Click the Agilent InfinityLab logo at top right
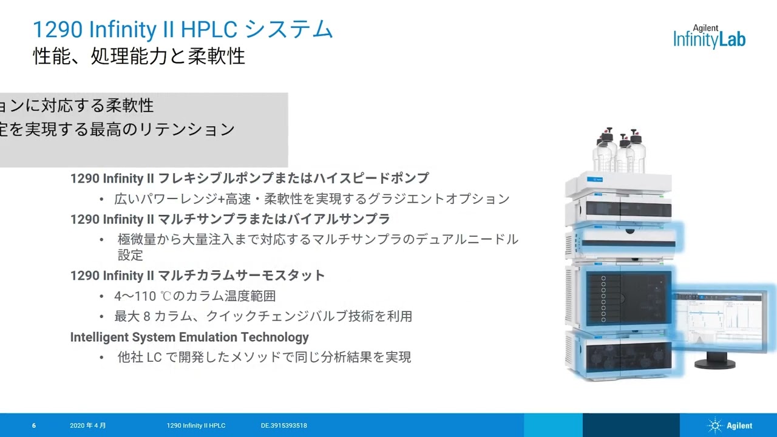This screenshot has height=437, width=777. pyautogui.click(x=709, y=37)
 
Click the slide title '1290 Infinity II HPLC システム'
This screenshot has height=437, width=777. pyautogui.click(x=183, y=29)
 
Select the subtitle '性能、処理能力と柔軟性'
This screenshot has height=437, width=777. pyautogui.click(x=139, y=56)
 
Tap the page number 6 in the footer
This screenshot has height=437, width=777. pyautogui.click(x=34, y=425)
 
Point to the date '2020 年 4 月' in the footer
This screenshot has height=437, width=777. pyautogui.click(x=88, y=425)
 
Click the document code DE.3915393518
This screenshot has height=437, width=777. pyautogui.click(x=283, y=425)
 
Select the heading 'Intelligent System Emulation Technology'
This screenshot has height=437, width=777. pyautogui.click(x=189, y=337)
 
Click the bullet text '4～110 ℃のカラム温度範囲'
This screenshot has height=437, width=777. pyautogui.click(x=195, y=296)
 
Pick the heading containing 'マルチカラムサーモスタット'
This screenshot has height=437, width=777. pyautogui.click(x=198, y=276)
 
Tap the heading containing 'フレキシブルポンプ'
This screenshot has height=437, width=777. pyautogui.click(x=249, y=178)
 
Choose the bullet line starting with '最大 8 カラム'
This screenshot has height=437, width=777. pyautogui.click(x=263, y=316)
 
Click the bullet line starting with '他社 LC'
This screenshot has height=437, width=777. pyautogui.click(x=264, y=357)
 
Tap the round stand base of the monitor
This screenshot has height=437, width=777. pyautogui.click(x=714, y=364)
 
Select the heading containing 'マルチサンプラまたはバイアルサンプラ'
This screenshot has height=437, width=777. pyautogui.click(x=230, y=218)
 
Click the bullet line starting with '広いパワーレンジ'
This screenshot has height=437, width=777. pyautogui.click(x=311, y=198)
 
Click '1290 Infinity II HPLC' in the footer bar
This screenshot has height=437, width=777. pyautogui.click(x=196, y=425)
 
